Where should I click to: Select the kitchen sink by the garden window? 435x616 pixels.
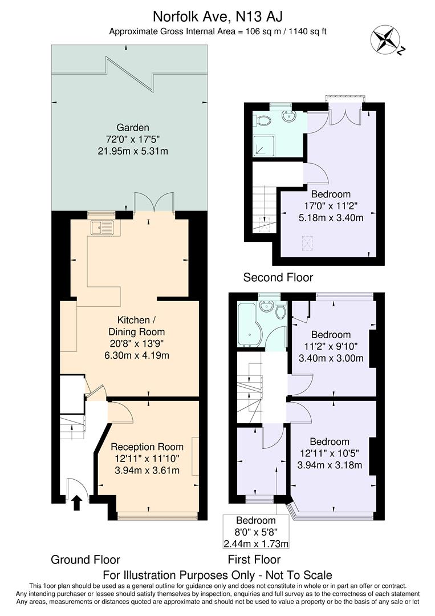pyautogui.click(x=103, y=228)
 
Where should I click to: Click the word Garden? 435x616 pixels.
pyautogui.click(x=133, y=127)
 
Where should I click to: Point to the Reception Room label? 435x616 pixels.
pyautogui.click(x=147, y=447)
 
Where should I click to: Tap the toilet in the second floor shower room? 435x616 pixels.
pyautogui.click(x=263, y=121)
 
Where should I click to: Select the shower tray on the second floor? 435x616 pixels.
pyautogui.click(x=264, y=146)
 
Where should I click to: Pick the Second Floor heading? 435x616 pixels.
pyautogui.click(x=278, y=278)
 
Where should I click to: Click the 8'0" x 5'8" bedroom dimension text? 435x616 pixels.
pyautogui.click(x=255, y=532)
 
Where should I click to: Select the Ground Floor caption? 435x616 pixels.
pyautogui.click(x=86, y=560)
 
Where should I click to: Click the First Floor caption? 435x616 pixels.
pyautogui.click(x=254, y=560)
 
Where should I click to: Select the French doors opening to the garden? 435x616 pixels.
pyautogui.click(x=154, y=202)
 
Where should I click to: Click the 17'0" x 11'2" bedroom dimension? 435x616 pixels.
pyautogui.click(x=331, y=206)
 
